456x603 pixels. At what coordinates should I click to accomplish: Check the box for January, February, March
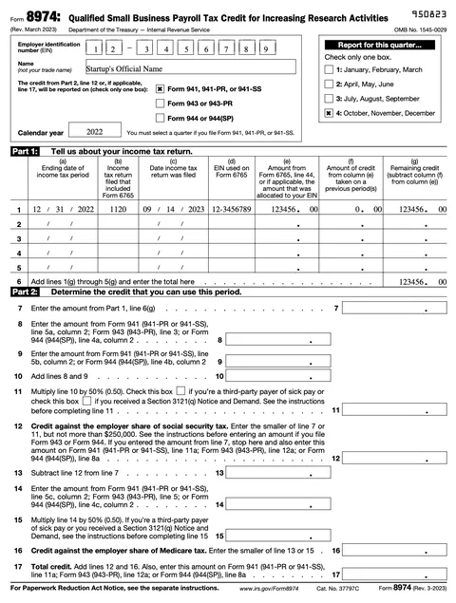pyautogui.click(x=329, y=70)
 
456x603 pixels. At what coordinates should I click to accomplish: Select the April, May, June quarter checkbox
pyautogui.click(x=329, y=84)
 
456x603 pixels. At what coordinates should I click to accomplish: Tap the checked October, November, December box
pyautogui.click(x=329, y=111)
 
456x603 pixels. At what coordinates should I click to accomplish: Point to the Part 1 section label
pyautogui.click(x=24, y=151)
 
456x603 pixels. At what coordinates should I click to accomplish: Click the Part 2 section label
pyautogui.click(x=24, y=292)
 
